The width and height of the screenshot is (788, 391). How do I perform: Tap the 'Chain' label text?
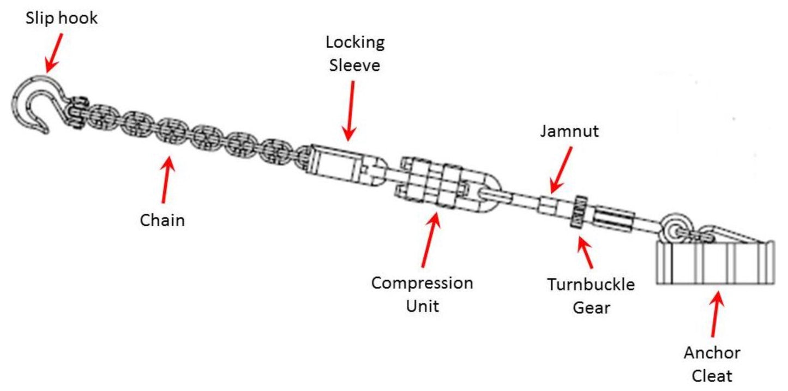click(x=162, y=220)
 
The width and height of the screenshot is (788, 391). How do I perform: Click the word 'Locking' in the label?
click(x=355, y=42)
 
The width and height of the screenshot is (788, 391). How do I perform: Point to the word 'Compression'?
click(x=422, y=283)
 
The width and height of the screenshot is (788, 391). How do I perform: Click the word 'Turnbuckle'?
click(x=591, y=285)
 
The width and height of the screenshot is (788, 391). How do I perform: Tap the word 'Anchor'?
click(x=712, y=353)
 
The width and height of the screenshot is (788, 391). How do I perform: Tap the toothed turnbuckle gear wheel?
click(x=578, y=213)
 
